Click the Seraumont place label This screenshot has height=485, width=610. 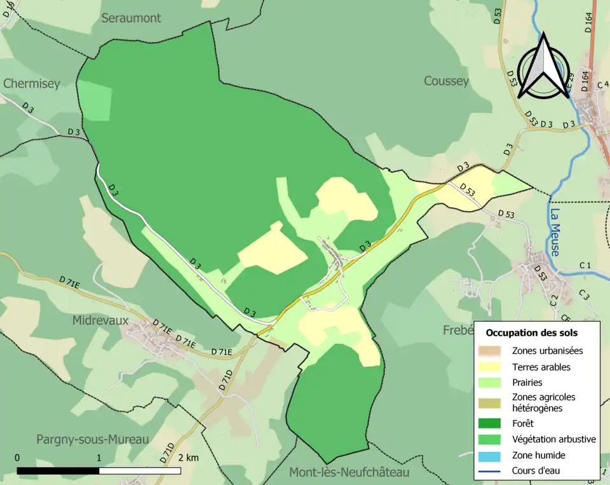pos(132,18)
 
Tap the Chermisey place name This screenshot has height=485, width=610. pos(31,83)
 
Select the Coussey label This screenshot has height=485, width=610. pos(446,81)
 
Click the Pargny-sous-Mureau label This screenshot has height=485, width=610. pos(92,439)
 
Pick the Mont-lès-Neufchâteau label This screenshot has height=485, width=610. pos(349,472)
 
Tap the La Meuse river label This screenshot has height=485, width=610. pos(555,232)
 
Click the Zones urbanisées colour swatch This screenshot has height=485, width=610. pos(492,350)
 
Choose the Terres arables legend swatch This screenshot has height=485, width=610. pos(492,367)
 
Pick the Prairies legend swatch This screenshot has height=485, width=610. pos(492,383)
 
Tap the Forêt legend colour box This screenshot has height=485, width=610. pos(492,423)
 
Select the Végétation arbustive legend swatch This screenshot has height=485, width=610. pos(492,439)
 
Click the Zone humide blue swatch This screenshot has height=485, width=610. pos(492,455)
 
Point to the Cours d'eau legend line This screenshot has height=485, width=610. pos(492,471)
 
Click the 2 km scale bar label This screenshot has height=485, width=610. pos(188,458)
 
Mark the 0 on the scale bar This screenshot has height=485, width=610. pos(17,458)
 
